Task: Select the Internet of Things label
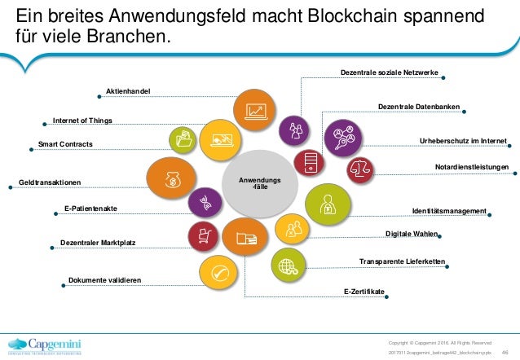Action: (82, 121)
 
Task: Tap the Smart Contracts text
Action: (66, 145)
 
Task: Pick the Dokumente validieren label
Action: (104, 280)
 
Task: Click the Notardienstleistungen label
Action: (472, 167)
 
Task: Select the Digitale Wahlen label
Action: (412, 235)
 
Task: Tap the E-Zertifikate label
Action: (364, 291)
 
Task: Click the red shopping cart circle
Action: (201, 236)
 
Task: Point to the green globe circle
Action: (286, 266)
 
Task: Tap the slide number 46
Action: (505, 348)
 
